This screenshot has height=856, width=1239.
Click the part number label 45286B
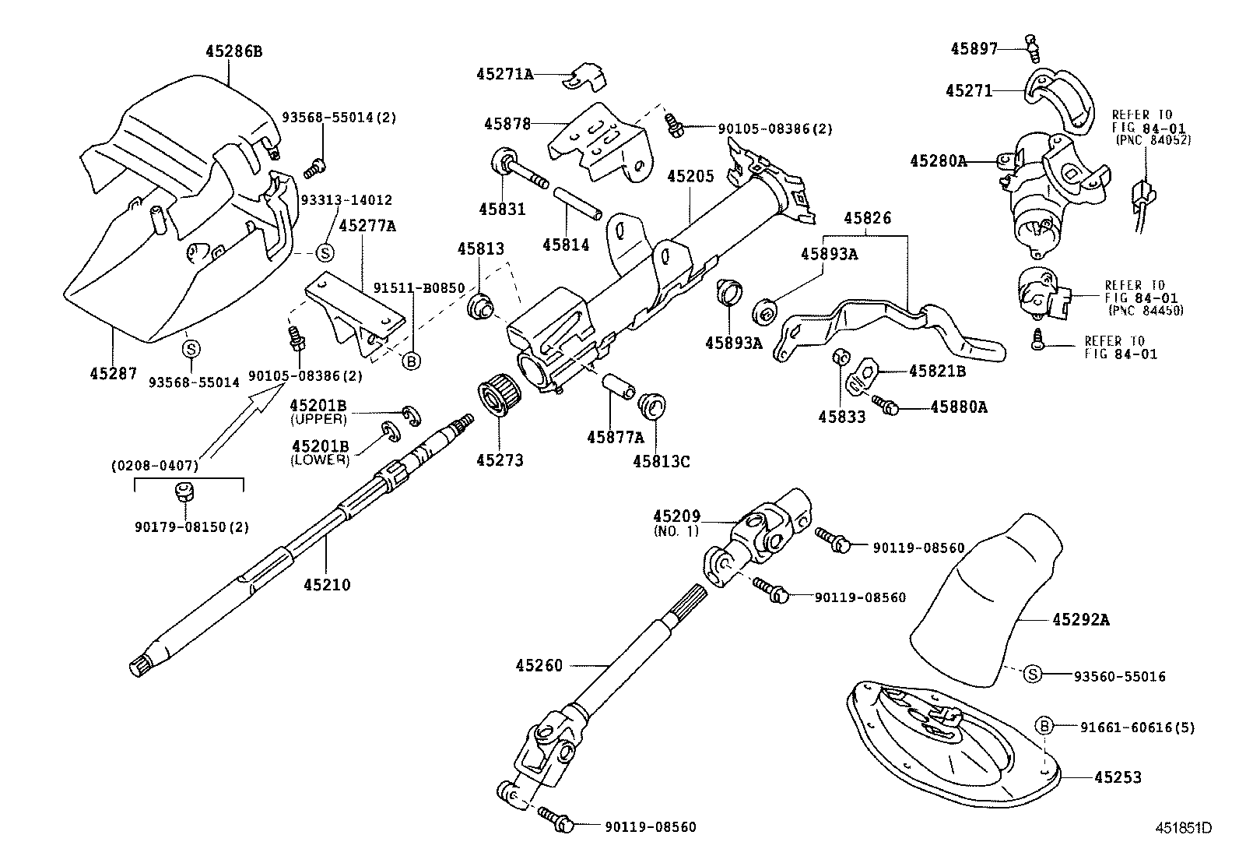[233, 51]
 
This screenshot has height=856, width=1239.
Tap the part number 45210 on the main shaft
[326, 584]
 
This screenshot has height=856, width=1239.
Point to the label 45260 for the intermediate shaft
[539, 665]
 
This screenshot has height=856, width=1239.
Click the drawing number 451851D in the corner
[1183, 827]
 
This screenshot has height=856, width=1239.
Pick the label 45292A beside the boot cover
[1080, 620]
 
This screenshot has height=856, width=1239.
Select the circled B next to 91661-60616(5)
[1044, 726]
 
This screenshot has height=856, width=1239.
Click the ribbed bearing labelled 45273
[496, 397]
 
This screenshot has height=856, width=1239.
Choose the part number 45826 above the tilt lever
[866, 219]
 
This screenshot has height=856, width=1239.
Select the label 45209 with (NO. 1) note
[676, 516]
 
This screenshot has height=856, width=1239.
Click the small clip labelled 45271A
[589, 75]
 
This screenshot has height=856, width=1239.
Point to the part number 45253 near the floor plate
[1118, 777]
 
